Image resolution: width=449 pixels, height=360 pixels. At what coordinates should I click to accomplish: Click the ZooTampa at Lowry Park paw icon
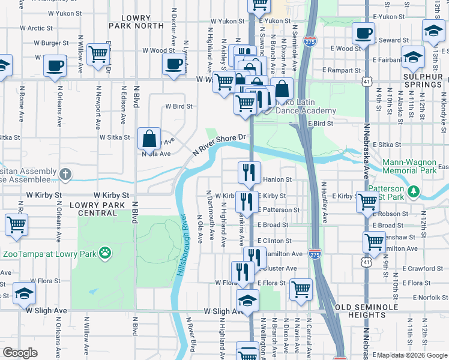106,253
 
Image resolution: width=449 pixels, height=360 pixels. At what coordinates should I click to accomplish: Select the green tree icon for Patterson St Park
414,192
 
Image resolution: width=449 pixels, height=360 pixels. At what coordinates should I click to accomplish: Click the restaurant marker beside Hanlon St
249,173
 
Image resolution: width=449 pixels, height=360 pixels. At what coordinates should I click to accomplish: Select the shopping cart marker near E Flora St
301,289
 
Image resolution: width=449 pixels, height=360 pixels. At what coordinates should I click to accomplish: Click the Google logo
20,352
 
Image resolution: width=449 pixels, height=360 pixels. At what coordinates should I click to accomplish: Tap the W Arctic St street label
36,28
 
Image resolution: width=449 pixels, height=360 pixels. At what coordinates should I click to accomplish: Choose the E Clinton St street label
274,241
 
